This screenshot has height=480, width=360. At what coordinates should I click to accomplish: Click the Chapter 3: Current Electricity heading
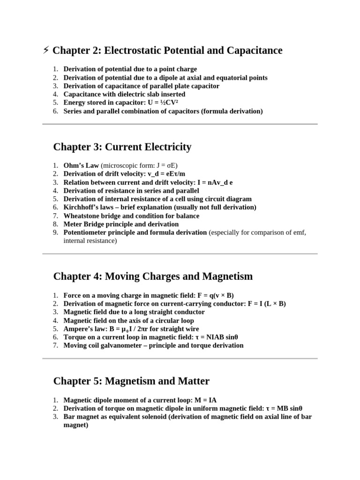coord(122,147)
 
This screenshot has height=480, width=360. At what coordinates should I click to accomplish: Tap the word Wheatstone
coord(82,216)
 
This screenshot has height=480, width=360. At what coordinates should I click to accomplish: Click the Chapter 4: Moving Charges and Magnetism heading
coord(153,277)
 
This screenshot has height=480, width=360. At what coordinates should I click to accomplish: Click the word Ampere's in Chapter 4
coord(78,329)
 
